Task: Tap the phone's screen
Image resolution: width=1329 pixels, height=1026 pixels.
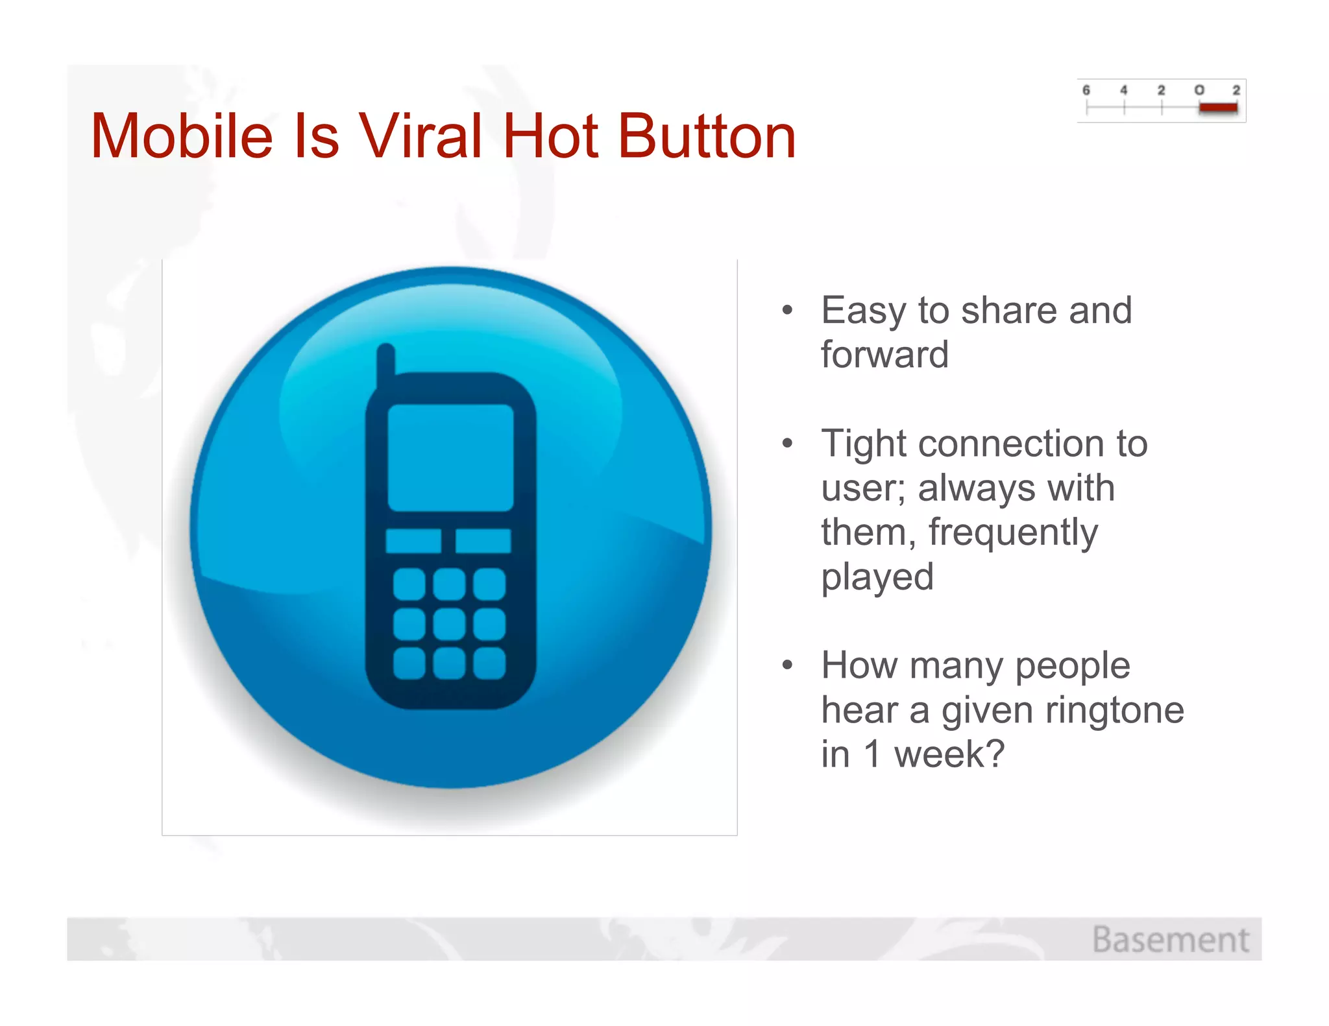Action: pos(450,457)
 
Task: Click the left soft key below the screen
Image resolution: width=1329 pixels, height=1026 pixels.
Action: pos(413,541)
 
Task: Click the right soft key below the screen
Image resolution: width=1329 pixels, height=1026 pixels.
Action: pos(483,541)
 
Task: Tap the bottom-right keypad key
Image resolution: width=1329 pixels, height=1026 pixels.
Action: pos(489,663)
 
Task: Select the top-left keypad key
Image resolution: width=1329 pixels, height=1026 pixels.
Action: pos(409,584)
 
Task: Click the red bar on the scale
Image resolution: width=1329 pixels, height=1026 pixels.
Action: pos(1218,108)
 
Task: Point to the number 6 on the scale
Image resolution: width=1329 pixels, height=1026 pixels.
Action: pos(1086,90)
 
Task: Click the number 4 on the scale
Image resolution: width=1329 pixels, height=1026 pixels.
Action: pos(1124,90)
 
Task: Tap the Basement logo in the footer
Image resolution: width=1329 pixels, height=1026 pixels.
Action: pos(1170,940)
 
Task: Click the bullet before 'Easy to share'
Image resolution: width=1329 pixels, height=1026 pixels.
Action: pos(787,311)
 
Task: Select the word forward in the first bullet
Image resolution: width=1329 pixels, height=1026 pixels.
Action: pos(884,355)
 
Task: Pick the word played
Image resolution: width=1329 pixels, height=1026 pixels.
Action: pos(877,577)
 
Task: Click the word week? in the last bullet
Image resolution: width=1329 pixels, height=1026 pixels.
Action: pos(949,754)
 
